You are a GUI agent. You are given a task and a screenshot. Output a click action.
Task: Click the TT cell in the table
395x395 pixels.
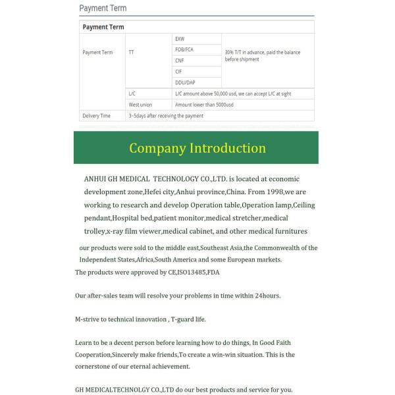tap(132, 52)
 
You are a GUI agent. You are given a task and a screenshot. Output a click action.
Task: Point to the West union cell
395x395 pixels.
tap(140, 105)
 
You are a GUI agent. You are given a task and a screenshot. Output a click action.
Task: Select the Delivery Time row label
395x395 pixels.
tap(96, 116)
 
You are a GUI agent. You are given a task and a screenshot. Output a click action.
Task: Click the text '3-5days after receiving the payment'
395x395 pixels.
tap(166, 116)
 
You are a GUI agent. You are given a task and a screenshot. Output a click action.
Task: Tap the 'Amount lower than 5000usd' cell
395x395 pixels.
tap(203, 105)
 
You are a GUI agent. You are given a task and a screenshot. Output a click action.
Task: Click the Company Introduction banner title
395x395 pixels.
tap(197, 147)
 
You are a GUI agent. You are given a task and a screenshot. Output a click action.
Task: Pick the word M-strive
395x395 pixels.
tap(90, 319)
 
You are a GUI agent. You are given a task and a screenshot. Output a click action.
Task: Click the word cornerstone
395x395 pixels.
tap(97, 367)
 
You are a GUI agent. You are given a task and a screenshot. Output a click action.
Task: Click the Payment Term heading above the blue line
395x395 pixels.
tap(103, 9)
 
